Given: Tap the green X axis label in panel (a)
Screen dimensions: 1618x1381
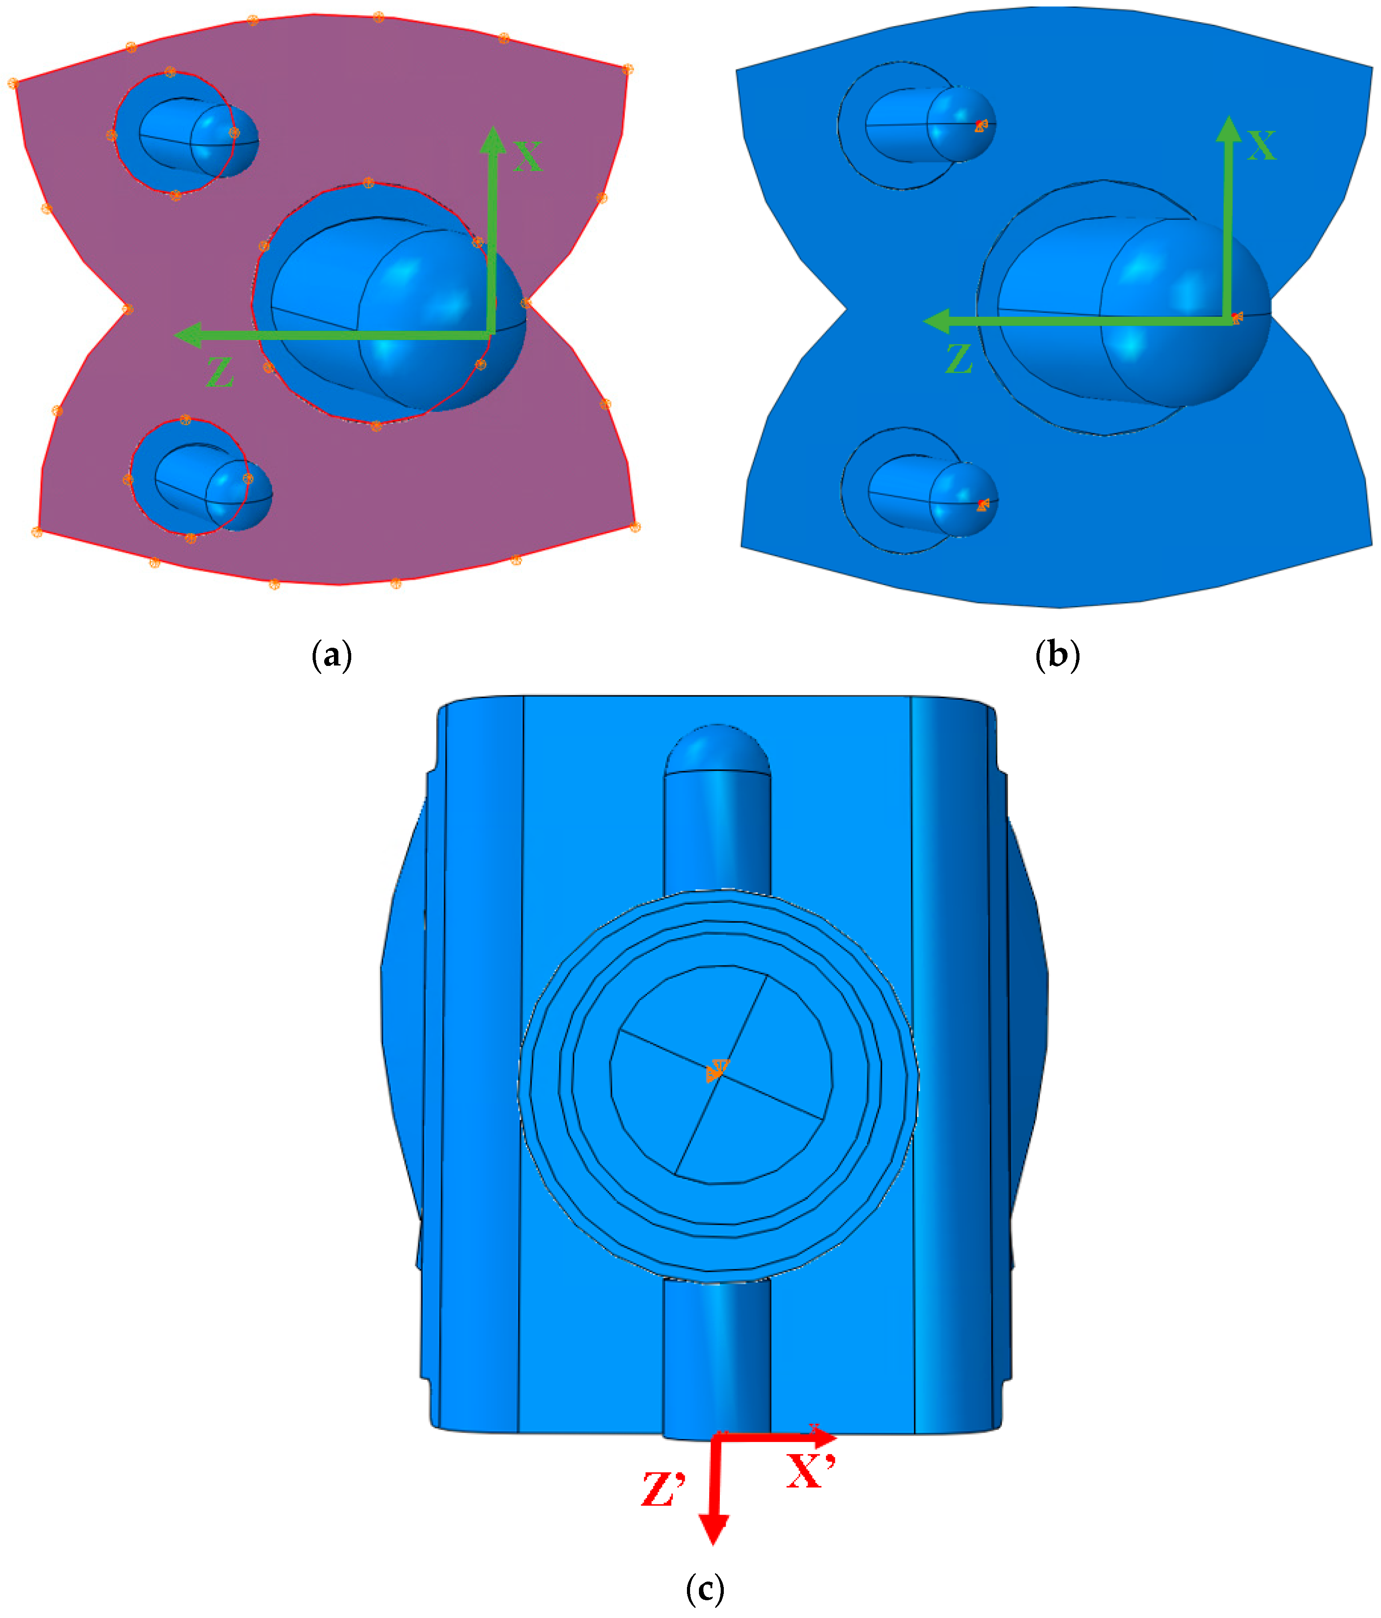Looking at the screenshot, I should [x=528, y=156].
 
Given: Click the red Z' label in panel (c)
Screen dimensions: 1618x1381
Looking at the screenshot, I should [x=663, y=1489].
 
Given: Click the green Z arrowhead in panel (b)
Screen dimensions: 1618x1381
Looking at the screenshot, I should [x=935, y=321].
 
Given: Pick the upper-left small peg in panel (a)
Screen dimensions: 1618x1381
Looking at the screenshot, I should [x=199, y=137].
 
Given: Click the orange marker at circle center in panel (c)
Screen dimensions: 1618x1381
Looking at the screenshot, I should [x=717, y=1072].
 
